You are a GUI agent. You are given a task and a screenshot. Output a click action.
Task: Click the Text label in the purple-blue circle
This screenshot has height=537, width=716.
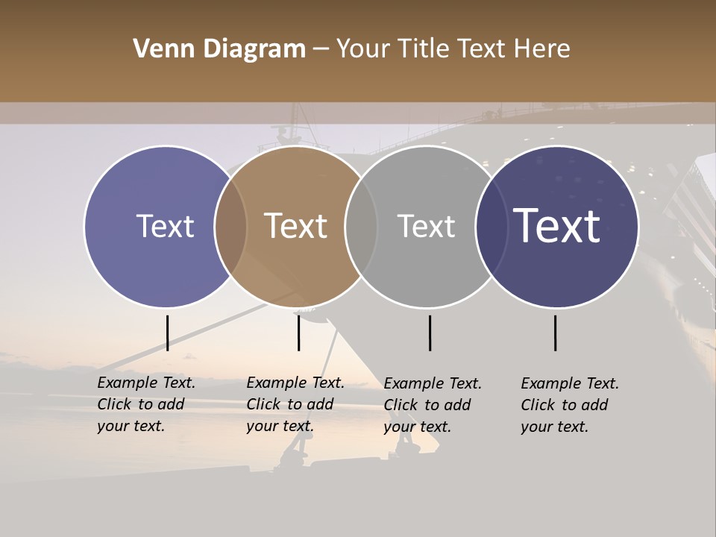[x=165, y=226]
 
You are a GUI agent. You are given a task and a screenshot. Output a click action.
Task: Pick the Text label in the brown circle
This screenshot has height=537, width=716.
[x=295, y=226]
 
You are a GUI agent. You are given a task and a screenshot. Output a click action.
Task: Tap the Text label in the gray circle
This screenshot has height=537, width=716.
[x=426, y=226]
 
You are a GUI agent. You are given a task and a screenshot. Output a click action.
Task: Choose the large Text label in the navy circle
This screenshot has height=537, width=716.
[x=557, y=226]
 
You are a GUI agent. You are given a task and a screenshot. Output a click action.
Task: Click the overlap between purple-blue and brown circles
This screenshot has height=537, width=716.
[x=230, y=227]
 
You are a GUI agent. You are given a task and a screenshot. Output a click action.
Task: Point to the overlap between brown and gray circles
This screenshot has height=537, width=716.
[x=361, y=227]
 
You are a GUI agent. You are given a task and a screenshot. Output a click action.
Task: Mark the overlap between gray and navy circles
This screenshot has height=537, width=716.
[x=492, y=227]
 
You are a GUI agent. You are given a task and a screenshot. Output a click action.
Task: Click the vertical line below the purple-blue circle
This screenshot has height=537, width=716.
[x=167, y=333]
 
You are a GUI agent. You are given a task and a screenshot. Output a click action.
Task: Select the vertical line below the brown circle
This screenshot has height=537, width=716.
[x=298, y=333]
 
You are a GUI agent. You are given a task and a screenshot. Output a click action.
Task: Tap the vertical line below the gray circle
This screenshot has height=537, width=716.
[x=430, y=333]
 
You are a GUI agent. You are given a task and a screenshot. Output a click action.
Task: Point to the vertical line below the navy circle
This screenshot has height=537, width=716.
[x=555, y=333]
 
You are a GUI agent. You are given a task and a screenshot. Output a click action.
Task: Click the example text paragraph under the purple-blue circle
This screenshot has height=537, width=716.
[x=146, y=404]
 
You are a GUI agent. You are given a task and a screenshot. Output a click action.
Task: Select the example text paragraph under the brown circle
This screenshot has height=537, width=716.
[x=295, y=404]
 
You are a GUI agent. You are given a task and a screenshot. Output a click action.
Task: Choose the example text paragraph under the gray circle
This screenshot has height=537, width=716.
[x=433, y=405]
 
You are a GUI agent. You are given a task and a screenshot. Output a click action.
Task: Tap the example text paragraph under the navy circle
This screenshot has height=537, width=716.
[x=570, y=405]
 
